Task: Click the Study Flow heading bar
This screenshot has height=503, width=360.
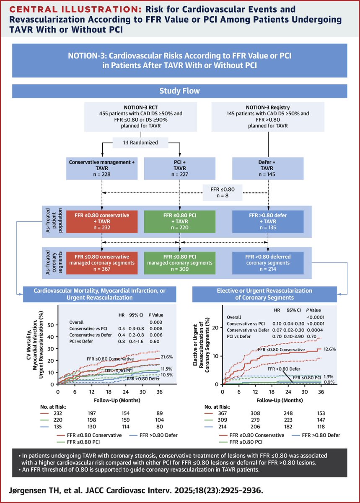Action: coord(180,91)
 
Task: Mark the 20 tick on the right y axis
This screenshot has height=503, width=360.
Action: coord(216,327)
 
